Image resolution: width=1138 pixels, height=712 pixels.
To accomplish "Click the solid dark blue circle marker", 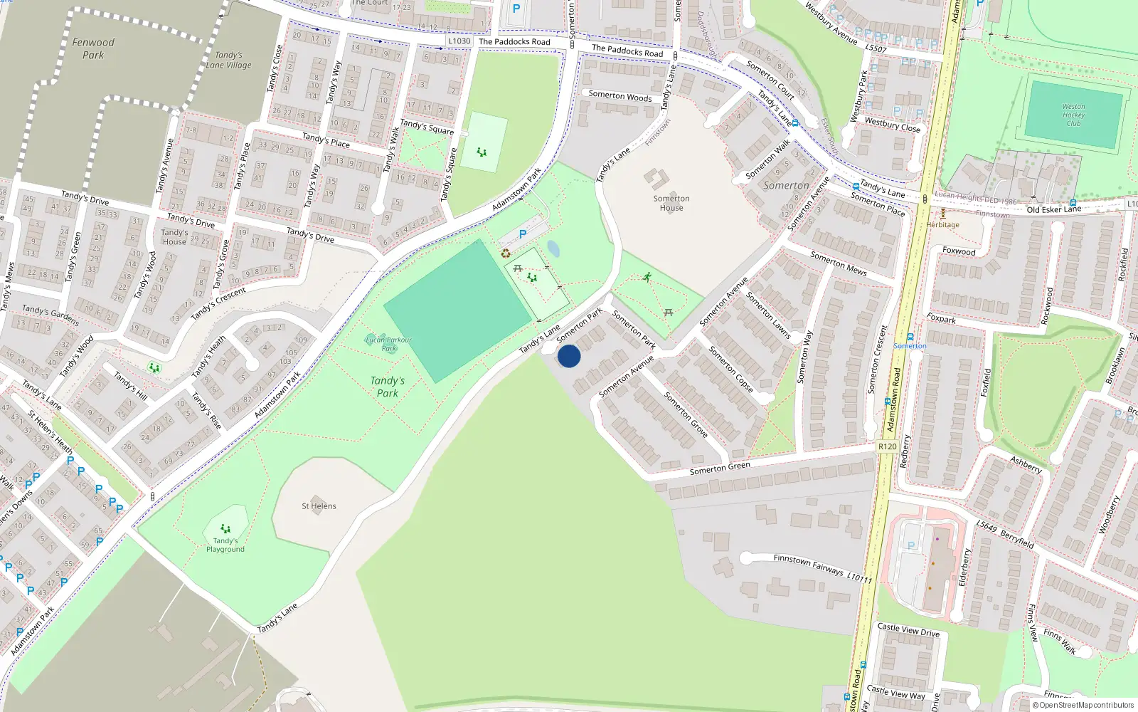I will coord(569,356).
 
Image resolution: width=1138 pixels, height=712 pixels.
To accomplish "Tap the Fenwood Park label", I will coord(93,48).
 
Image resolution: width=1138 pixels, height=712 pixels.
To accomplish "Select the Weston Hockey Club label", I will coord(1073,115).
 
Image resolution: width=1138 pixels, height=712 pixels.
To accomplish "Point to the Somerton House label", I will coord(671,203).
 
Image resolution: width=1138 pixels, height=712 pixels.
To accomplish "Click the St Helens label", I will coord(319,506).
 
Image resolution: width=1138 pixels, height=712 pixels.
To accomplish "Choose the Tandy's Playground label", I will coord(225,545).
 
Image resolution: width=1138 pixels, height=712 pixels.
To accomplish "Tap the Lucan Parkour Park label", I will coord(388,344).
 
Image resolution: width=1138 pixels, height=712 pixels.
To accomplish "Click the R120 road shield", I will coord(887,446).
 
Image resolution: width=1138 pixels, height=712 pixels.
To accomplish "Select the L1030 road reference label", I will coord(459,41).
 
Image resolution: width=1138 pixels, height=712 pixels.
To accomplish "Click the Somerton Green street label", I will coord(720,468).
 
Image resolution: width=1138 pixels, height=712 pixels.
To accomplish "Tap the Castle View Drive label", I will coord(908,630).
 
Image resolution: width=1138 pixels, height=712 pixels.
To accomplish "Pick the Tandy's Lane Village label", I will coord(229,60).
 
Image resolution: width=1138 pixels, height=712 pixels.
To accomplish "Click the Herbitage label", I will coord(943,225).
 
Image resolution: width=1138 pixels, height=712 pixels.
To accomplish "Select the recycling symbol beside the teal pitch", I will coord(506,253).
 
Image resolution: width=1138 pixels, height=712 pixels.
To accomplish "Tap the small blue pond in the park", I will coord(553,248).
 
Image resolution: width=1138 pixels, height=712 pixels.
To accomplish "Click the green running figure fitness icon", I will coord(647,277).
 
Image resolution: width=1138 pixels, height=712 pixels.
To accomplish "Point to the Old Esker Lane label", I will coord(1053,209).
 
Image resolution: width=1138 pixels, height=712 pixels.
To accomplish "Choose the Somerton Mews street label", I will coord(839,263).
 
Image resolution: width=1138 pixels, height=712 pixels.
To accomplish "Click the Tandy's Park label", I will coord(388,387).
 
